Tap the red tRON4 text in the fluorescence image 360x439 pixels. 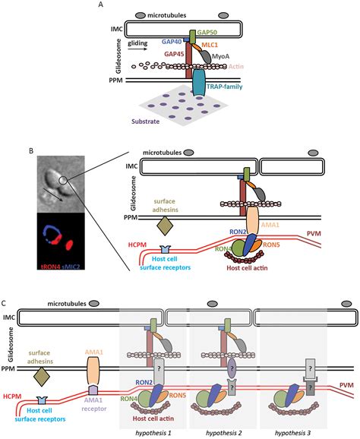click(42, 267)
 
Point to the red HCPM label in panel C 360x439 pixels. click(13, 395)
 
